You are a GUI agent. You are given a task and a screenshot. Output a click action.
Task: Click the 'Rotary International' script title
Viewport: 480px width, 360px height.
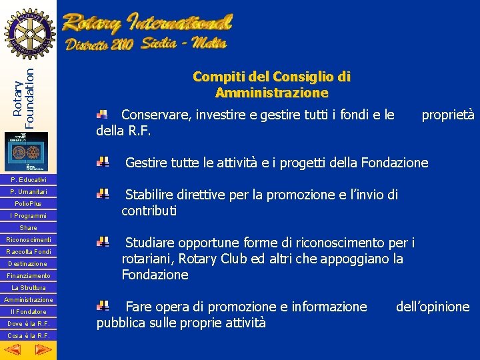pos(147,24)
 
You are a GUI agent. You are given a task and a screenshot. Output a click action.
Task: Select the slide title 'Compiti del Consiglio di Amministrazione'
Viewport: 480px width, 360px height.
pos(271,85)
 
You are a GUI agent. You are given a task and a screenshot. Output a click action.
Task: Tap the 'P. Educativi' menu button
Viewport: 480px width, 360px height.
pos(28,180)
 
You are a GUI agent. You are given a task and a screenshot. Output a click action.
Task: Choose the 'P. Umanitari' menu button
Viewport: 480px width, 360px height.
pos(28,192)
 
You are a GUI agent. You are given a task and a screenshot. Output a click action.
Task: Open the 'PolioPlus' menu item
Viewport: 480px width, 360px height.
pos(28,204)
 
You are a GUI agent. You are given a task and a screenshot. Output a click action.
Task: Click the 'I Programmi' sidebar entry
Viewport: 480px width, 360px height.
pos(28,216)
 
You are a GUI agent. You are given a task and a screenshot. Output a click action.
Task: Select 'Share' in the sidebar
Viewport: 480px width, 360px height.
pos(28,228)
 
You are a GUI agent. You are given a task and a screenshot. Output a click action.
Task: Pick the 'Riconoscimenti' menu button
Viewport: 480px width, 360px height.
pos(28,239)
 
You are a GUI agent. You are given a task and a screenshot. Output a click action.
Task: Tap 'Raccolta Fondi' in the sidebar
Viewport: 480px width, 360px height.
pos(28,252)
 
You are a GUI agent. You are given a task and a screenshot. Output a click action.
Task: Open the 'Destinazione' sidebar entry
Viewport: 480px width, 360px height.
pos(28,264)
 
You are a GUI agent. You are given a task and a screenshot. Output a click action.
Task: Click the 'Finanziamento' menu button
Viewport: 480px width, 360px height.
pos(28,276)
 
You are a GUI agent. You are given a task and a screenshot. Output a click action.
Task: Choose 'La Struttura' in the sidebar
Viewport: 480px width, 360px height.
pos(28,288)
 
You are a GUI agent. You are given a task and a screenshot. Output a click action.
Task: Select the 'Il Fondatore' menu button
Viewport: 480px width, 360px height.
pos(28,312)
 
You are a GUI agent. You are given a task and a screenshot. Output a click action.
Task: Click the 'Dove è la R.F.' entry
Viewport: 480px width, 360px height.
pos(28,324)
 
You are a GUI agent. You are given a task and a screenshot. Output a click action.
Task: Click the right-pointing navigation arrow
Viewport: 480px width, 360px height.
pos(43,350)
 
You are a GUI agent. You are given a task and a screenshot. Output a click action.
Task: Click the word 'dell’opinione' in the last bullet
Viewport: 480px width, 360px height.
pos(433,307)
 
